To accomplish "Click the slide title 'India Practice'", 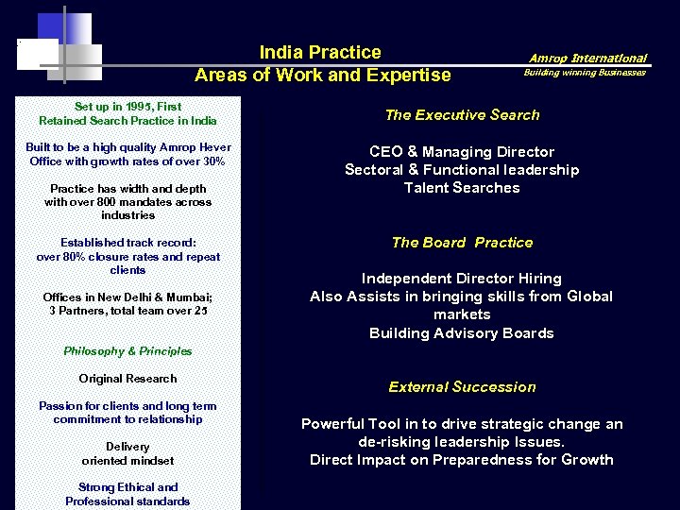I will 320,53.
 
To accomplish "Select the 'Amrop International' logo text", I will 587,58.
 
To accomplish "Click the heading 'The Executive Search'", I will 462,115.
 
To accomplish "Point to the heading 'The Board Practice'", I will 462,243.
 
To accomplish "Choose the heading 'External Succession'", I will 462,387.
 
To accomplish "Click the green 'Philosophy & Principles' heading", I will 127,351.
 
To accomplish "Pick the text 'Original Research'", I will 127,379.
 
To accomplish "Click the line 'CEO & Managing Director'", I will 462,152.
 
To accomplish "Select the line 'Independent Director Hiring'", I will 462,279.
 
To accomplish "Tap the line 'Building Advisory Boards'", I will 462,333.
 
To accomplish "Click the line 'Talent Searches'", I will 462,188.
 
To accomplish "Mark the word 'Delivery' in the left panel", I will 127,447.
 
